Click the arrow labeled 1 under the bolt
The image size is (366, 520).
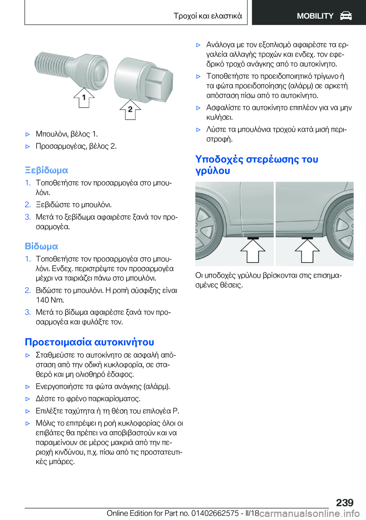coord(84,98)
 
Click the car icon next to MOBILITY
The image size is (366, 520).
coord(346,16)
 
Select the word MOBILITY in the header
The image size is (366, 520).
coord(315,16)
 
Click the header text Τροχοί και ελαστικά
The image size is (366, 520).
coord(208,16)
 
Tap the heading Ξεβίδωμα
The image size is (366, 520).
coord(47,170)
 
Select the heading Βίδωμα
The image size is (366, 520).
coord(42,246)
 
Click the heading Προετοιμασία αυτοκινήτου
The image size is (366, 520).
coord(90,342)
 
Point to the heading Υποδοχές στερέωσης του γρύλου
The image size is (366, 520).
coord(257,165)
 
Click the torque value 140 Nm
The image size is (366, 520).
coord(50,300)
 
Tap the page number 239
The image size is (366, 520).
coord(345,502)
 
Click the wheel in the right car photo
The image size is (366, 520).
coord(343,229)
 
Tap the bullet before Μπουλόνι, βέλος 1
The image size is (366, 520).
coord(27,134)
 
